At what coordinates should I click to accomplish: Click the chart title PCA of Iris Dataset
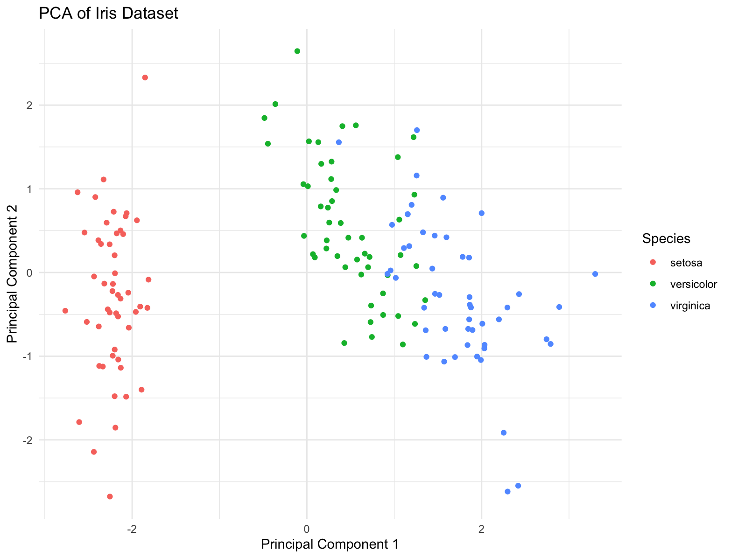108,14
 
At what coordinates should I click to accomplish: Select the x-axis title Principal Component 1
330,544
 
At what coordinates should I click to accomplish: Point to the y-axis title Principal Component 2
13,274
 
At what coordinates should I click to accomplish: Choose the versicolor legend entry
693,284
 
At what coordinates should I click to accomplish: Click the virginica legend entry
690,306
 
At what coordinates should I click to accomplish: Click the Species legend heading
666,238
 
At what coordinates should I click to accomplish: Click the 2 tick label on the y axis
29,105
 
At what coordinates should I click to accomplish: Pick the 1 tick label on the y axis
29,189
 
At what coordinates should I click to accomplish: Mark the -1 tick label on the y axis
27,356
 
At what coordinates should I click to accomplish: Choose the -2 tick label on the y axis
27,440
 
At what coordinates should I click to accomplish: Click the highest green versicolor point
297,51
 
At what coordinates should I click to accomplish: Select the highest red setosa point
145,77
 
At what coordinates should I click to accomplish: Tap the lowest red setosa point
110,496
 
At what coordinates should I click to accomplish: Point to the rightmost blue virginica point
595,274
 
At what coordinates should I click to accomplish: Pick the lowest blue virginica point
508,491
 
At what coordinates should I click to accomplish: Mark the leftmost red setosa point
65,311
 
